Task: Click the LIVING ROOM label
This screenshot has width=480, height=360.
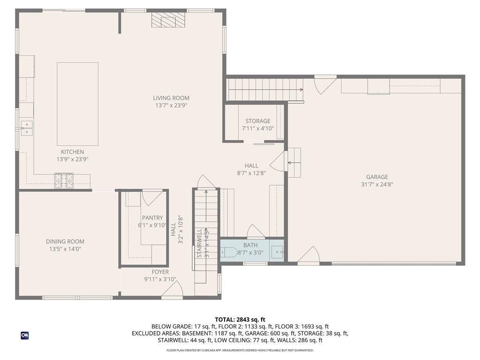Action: click(x=171, y=98)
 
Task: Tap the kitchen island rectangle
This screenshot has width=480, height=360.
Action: click(x=77, y=104)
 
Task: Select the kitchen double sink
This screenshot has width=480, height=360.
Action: click(x=26, y=128)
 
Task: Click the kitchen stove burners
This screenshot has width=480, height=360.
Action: click(x=64, y=180)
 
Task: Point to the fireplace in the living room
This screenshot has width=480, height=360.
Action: click(x=168, y=21)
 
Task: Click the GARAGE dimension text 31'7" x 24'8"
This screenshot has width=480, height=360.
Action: click(x=377, y=184)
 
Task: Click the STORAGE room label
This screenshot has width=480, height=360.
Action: click(x=257, y=121)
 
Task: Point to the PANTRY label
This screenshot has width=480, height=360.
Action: click(x=152, y=217)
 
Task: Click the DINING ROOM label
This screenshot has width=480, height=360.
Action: click(x=65, y=241)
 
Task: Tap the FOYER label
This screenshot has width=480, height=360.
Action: click(x=160, y=272)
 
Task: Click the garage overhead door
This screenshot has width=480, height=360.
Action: click(x=393, y=263)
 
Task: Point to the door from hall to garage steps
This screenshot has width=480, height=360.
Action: click(x=278, y=162)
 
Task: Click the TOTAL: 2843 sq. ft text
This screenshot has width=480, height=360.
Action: click(x=240, y=319)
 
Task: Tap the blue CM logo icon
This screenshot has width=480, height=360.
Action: click(x=24, y=335)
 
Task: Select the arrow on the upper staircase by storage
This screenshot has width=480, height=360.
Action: click(x=300, y=90)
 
